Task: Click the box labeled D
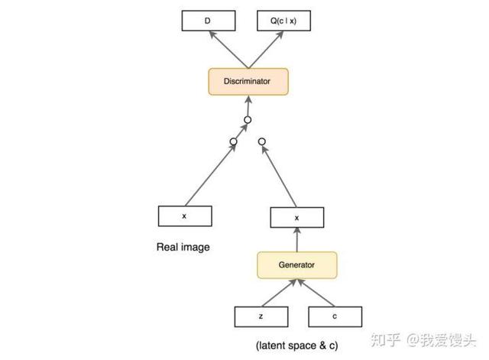[x=206, y=21]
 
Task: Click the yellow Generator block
[x=296, y=265]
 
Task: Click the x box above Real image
[x=184, y=216]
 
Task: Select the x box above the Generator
[x=296, y=218]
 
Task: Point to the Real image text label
[x=183, y=247]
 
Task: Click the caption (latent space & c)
[x=296, y=345]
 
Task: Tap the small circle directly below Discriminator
[x=248, y=120]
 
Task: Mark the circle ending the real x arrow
[x=233, y=141]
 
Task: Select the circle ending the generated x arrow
[x=262, y=141]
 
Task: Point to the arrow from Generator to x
[x=296, y=241]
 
